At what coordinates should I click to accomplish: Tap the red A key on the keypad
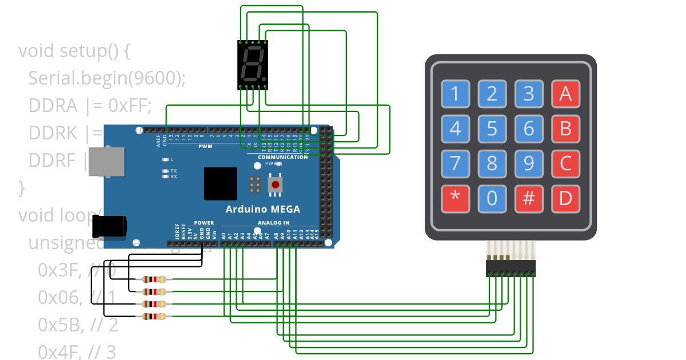tap(565, 93)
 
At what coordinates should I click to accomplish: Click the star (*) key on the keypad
tap(456, 198)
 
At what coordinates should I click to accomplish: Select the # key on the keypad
tap(529, 198)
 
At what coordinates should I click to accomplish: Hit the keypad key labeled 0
tap(492, 198)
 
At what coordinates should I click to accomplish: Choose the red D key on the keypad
tap(565, 198)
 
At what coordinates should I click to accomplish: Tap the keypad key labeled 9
tap(529, 163)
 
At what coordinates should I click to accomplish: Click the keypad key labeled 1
tap(456, 93)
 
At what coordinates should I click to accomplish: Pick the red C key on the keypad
tap(565, 163)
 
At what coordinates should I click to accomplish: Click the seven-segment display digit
tap(252, 64)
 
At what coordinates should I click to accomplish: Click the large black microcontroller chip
tap(220, 183)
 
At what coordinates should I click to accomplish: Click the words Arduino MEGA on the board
tap(262, 209)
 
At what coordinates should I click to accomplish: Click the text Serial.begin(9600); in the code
tap(107, 78)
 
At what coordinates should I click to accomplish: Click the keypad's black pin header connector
tap(511, 268)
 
